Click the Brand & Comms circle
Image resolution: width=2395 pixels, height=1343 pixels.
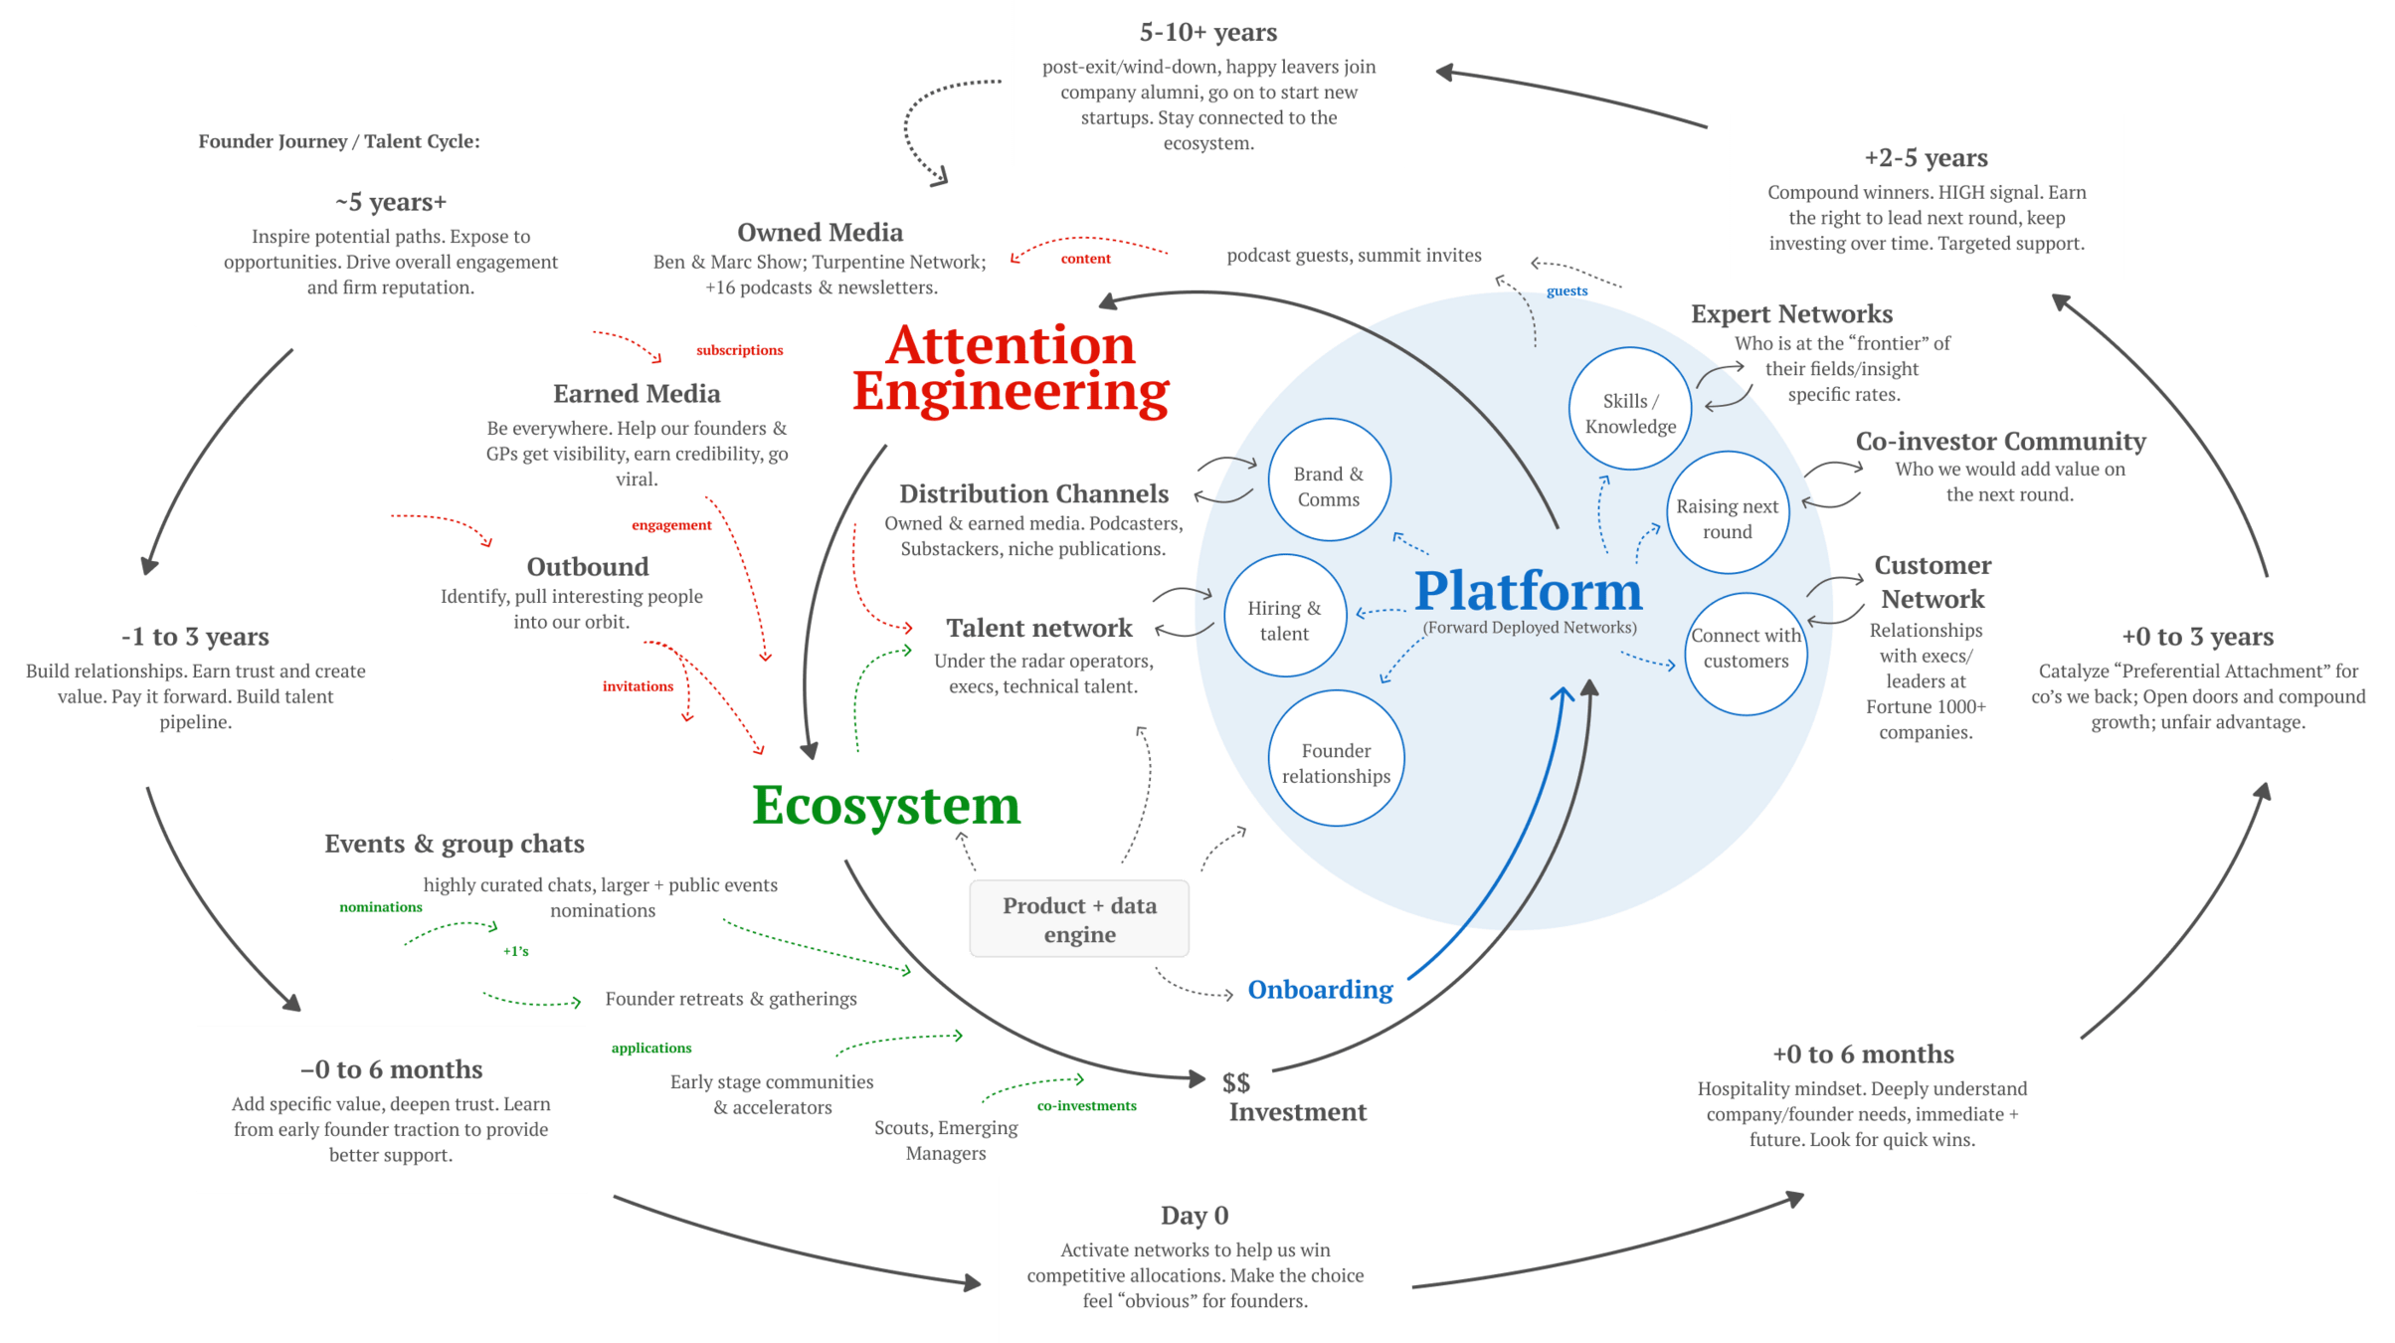[x=1329, y=480]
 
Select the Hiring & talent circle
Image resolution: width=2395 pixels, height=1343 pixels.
[x=1285, y=616]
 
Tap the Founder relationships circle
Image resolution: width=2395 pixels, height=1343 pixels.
[x=1336, y=759]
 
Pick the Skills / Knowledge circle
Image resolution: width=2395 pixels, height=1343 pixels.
[x=1630, y=409]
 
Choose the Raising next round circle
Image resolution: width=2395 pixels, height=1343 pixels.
[x=1728, y=513]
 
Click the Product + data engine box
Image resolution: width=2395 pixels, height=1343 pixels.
[x=1079, y=919]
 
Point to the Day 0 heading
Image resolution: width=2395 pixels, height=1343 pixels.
[x=1195, y=1216]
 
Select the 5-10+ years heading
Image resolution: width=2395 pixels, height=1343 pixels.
[x=1208, y=33]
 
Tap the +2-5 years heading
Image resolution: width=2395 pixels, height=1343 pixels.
[x=1927, y=158]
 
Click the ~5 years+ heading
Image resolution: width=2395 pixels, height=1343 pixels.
[x=391, y=203]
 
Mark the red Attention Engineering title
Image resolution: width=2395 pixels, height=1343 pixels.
[x=1011, y=369]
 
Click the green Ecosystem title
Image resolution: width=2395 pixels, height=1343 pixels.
[x=886, y=806]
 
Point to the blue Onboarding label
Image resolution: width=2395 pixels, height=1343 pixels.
[x=1321, y=990]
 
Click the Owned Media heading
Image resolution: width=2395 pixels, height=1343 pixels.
[x=821, y=233]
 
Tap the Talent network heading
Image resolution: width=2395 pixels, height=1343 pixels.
[x=1039, y=629]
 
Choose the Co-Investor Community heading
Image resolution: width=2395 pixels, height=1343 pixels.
[x=2000, y=442]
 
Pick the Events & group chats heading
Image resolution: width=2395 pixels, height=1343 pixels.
[x=455, y=845]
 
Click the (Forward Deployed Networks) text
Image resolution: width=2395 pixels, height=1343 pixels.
[x=1530, y=628]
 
